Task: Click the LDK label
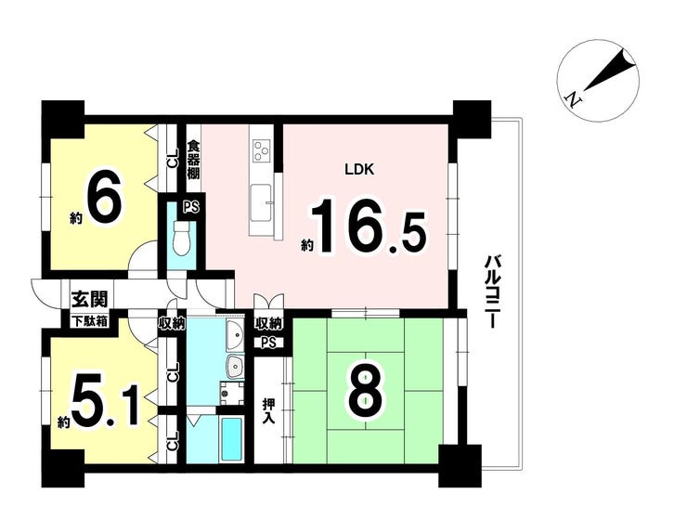(359, 170)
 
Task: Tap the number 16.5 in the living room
(368, 227)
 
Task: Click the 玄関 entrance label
(89, 300)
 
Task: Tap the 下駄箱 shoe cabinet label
(90, 321)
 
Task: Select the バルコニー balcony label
(491, 292)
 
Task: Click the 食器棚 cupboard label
(194, 160)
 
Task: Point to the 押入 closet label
(268, 411)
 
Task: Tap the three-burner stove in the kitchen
(262, 149)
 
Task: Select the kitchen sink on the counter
(261, 202)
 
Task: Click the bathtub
(231, 438)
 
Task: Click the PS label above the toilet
(191, 206)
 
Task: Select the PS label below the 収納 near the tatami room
(268, 343)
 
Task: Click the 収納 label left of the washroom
(172, 323)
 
